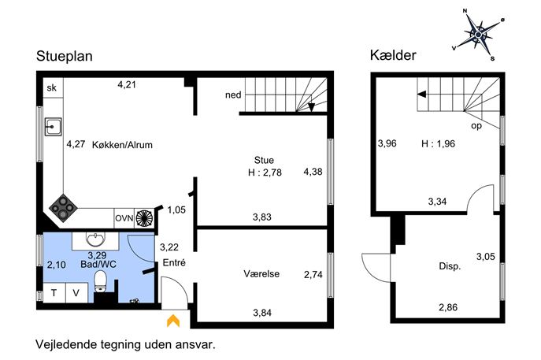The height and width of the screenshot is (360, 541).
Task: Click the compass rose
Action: click(479, 35)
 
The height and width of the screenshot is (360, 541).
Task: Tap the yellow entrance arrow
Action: click(173, 321)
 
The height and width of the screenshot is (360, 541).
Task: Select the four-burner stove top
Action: click(63, 207)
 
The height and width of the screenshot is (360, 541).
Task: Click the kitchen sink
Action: click(53, 127)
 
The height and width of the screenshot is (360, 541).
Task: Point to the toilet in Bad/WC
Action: click(101, 281)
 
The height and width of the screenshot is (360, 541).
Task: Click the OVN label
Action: click(124, 218)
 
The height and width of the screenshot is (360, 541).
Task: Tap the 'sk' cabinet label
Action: click(52, 87)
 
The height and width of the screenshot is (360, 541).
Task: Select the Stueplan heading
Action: click(65, 56)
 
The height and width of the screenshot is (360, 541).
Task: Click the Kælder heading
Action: click(393, 55)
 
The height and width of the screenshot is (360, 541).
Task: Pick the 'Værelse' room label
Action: click(261, 273)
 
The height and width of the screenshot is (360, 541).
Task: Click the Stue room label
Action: click(264, 160)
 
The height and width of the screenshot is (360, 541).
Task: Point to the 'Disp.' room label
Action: click(450, 266)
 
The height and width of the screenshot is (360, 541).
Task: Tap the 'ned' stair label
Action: click(233, 95)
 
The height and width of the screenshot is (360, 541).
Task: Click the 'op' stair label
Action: click(476, 126)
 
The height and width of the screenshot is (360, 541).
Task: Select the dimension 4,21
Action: click(127, 84)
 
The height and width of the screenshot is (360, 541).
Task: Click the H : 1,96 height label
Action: click(438, 143)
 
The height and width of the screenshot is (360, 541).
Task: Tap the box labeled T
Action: click(54, 293)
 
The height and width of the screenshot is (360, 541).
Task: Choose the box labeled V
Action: click(76, 293)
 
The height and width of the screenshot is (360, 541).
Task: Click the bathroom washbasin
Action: click(95, 239)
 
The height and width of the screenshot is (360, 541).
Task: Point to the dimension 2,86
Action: click(448, 307)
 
